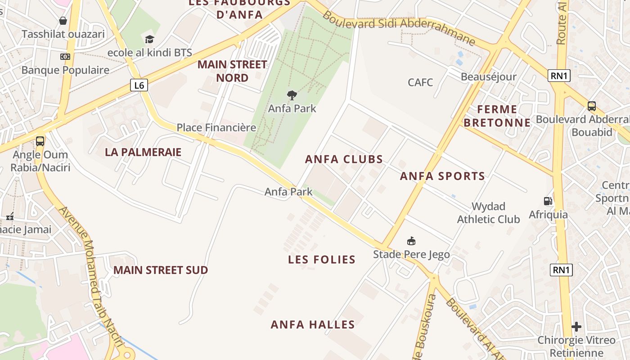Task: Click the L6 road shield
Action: coord(139,85)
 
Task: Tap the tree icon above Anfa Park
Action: coord(292,95)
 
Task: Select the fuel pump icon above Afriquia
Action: coord(548,201)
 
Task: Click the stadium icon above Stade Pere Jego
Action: coord(411,241)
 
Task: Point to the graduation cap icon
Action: coord(149,40)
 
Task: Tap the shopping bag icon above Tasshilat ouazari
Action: coord(63,21)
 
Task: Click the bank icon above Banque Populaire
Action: coord(65,57)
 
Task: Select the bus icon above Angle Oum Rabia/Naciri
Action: coord(40,141)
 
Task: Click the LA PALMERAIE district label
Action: coord(143,152)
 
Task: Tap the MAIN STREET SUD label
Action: coord(161,270)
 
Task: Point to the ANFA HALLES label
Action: coord(313,324)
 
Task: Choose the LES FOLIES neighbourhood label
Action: coord(322,260)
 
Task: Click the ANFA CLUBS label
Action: coord(344,159)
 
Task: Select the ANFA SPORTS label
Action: coord(442,176)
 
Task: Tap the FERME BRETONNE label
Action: coord(497,116)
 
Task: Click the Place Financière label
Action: coord(216,127)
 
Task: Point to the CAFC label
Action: coord(420,82)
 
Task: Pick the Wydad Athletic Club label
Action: coord(488,213)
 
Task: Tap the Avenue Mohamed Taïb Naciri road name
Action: coord(91,275)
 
